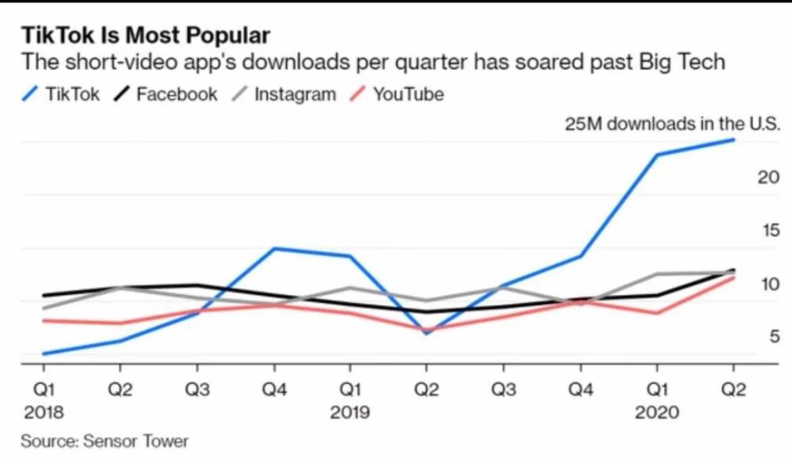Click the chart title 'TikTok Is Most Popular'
click(145, 35)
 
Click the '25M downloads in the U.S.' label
click(672, 124)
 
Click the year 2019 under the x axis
click(350, 412)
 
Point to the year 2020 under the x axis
click(657, 412)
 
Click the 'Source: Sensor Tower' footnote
click(105, 440)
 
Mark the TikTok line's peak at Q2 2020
click(733, 139)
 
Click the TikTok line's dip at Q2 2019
click(426, 333)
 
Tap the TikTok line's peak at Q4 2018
click(274, 249)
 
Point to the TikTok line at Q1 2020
click(657, 155)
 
